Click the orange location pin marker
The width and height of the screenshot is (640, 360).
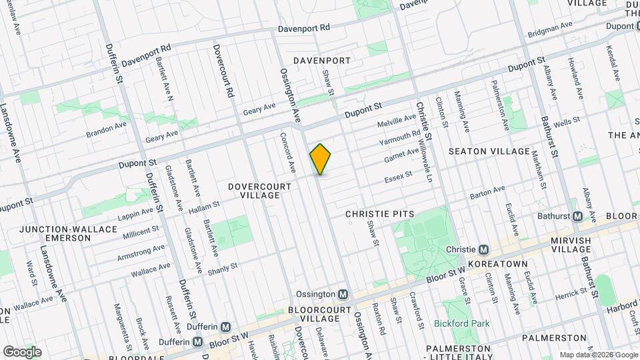(321, 159)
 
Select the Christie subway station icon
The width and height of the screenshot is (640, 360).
(484, 249)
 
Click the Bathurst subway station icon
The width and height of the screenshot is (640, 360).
(577, 216)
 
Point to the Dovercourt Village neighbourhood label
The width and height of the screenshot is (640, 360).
(259, 191)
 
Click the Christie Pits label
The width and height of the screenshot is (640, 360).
(380, 214)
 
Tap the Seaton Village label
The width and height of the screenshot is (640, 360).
(489, 151)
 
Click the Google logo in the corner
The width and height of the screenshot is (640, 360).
(21, 351)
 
